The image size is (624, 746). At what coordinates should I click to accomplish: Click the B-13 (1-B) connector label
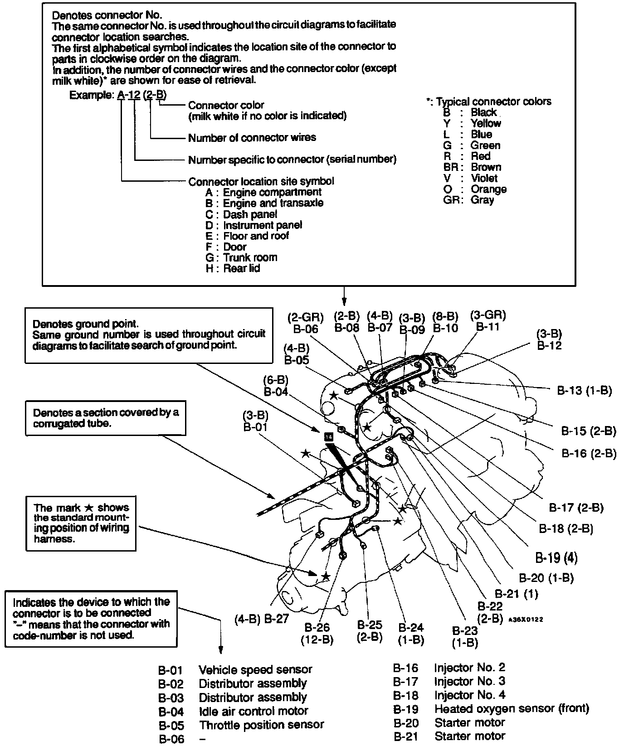pos(584,391)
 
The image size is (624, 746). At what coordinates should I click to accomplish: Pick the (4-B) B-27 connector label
pos(262,619)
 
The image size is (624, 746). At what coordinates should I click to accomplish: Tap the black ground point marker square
pos(329,436)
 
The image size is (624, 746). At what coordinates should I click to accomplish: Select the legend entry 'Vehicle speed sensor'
pos(255,670)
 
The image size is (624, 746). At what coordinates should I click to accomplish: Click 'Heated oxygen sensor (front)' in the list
pos(512,708)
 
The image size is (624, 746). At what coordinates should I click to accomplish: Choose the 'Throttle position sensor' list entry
pos(261,725)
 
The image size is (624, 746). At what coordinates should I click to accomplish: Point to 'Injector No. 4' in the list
pos(469,695)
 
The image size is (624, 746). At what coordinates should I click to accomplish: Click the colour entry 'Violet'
pos(484,178)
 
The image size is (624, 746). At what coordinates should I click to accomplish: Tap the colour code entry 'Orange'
pos(488,189)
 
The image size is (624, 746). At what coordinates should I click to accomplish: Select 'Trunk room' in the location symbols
pos(250,257)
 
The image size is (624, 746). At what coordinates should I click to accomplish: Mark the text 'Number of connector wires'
pos(252,137)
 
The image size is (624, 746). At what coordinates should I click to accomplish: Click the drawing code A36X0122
pos(526,619)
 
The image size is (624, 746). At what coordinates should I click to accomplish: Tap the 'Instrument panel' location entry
pos(262,225)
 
